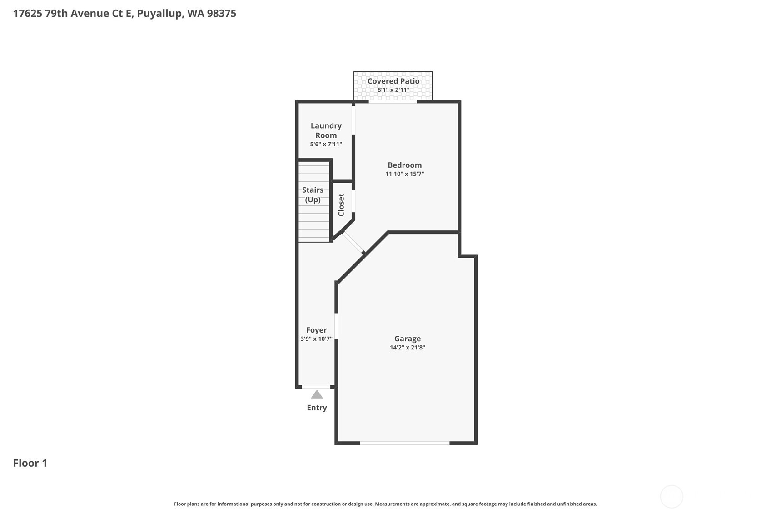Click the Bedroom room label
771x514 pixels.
click(404, 165)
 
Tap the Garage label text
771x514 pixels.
click(407, 339)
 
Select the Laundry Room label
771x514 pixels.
click(326, 130)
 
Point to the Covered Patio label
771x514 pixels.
click(393, 81)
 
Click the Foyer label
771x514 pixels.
click(316, 330)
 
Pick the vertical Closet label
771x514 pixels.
click(341, 205)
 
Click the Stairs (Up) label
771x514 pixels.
click(313, 195)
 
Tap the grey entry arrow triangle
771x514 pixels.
click(317, 394)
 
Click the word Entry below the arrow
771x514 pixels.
click(317, 408)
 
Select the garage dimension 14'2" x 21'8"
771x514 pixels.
click(407, 348)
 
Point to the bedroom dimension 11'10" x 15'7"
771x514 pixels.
click(404, 174)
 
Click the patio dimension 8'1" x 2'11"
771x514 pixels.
click(393, 90)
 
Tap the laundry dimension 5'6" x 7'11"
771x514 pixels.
click(326, 144)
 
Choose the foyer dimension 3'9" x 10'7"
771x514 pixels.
click(316, 339)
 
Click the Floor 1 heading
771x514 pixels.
click(30, 463)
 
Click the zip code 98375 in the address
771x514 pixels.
click(221, 13)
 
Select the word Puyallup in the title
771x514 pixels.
click(160, 13)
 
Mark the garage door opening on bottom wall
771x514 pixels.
click(404, 443)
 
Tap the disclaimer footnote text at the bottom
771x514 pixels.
click(385, 504)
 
